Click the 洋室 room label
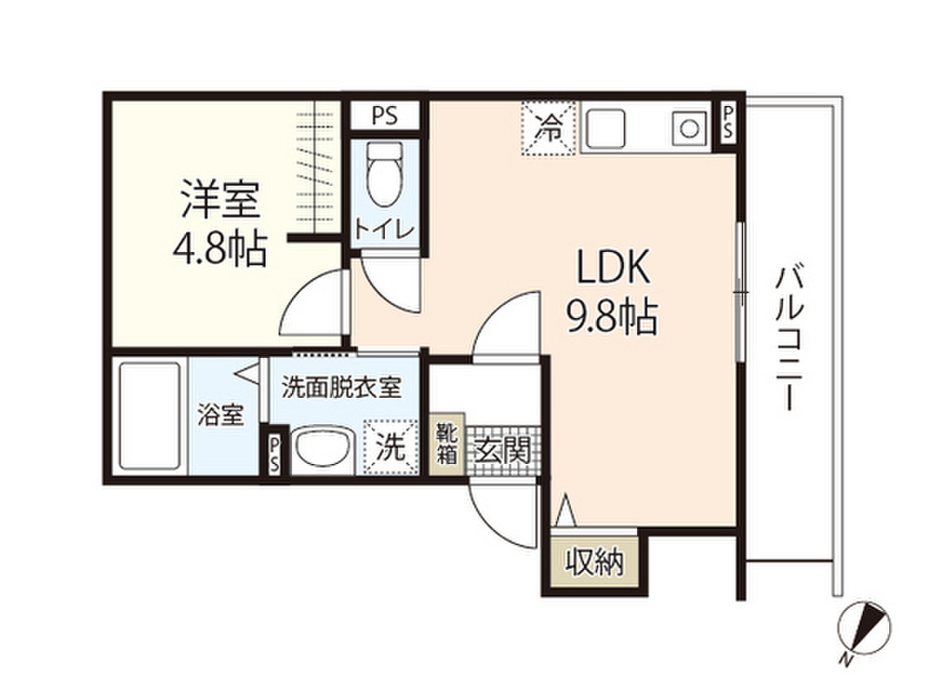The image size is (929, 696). [220, 201]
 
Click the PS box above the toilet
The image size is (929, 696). [385, 116]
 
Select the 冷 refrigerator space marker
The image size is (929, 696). [549, 129]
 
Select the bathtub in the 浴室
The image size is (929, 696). [149, 415]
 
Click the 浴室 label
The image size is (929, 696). [220, 417]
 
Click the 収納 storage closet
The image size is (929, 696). [594, 564]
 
